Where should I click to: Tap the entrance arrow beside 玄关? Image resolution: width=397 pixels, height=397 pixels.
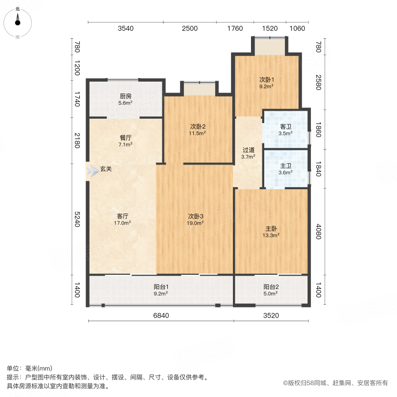coord(93,171)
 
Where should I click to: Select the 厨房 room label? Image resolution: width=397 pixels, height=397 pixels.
coord(125,99)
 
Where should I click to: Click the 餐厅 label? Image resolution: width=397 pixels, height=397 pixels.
coord(125,140)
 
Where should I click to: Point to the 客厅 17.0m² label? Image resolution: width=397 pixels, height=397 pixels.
coord(123,219)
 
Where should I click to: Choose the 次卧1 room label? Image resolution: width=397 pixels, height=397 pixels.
coord(266,83)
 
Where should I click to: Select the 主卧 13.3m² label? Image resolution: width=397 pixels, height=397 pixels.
coord(271,232)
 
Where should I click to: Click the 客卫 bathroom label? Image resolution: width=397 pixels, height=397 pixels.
coord(285,129)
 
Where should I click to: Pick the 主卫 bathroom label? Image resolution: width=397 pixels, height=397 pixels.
coord(285,169)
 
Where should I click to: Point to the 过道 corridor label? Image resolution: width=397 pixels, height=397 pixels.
coord(248,153)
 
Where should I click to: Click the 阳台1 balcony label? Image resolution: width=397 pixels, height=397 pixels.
coord(161,289)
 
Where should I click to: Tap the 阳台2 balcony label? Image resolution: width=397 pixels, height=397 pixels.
coord(271,289)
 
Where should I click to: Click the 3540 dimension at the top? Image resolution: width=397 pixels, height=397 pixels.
coord(125,29)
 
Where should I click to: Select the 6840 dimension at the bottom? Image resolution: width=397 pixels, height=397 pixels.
coord(161,315)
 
